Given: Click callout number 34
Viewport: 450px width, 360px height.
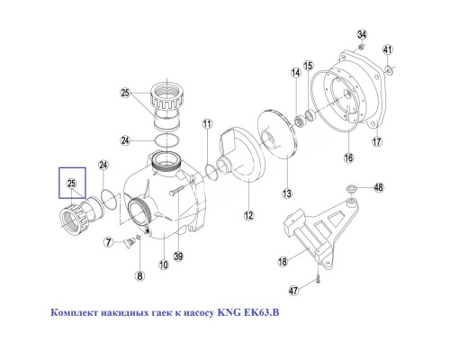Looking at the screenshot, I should pyautogui.click(x=362, y=33).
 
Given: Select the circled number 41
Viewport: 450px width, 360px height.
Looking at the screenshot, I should pyautogui.click(x=388, y=49).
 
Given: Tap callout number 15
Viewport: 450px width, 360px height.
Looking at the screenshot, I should pyautogui.click(x=307, y=66).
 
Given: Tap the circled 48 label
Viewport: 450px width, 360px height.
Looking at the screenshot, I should pyautogui.click(x=379, y=188).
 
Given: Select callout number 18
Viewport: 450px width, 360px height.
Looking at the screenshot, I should pyautogui.click(x=282, y=261).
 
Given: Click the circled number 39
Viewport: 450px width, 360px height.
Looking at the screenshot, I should pyautogui.click(x=178, y=256).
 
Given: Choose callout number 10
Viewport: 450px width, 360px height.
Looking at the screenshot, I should pyautogui.click(x=163, y=265).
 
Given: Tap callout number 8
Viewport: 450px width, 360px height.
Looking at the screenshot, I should pyautogui.click(x=139, y=275).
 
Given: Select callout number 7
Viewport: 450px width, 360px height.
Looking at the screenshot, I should pyautogui.click(x=108, y=241).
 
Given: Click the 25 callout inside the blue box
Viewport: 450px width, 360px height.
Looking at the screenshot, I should pyautogui.click(x=70, y=184).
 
